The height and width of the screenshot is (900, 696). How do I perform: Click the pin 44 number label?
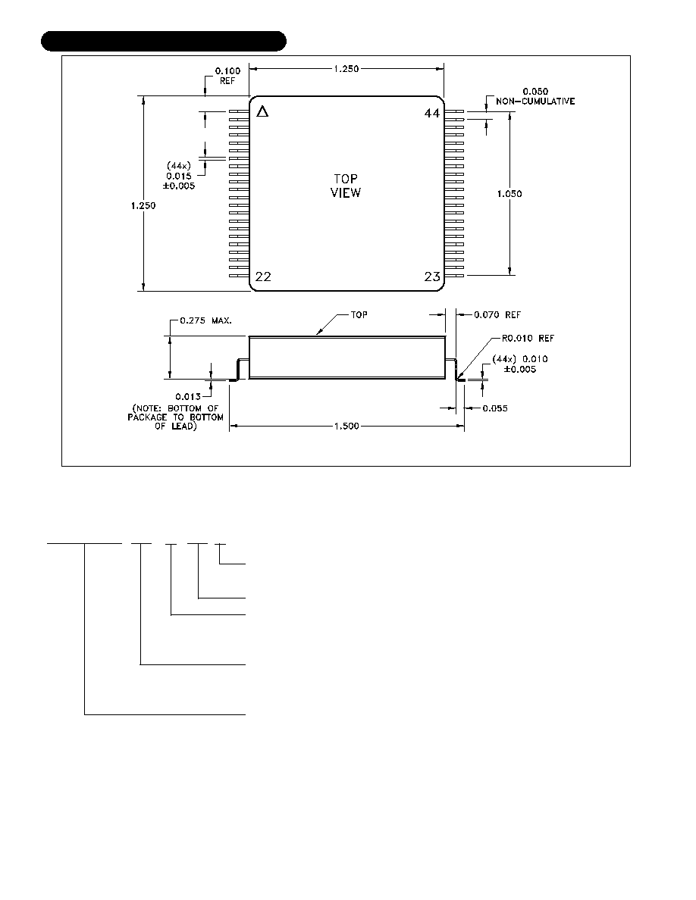432,113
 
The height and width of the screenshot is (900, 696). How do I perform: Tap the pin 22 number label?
263,277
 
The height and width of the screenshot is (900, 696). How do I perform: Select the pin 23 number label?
432,277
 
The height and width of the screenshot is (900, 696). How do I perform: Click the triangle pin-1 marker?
262,111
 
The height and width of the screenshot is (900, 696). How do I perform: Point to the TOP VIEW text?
346,186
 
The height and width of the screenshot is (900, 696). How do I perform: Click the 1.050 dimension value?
509,194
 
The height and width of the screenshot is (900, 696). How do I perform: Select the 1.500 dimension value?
346,426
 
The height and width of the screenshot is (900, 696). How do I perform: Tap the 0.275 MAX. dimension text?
205,320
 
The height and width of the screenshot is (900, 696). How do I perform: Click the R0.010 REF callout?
528,338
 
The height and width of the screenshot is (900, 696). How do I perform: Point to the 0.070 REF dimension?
497,314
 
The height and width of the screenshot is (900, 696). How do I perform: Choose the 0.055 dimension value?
495,408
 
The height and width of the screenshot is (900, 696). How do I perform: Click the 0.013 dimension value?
188,397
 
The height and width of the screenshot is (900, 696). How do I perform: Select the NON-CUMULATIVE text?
535,102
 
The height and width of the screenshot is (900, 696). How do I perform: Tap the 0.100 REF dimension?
228,76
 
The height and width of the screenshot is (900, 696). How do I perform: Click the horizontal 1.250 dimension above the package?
346,69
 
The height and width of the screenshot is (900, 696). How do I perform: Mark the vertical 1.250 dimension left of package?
143,205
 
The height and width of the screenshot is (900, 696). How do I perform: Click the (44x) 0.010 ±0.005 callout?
520,364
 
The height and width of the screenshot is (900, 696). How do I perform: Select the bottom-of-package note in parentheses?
175,417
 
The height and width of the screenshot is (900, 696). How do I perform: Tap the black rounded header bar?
164,42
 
